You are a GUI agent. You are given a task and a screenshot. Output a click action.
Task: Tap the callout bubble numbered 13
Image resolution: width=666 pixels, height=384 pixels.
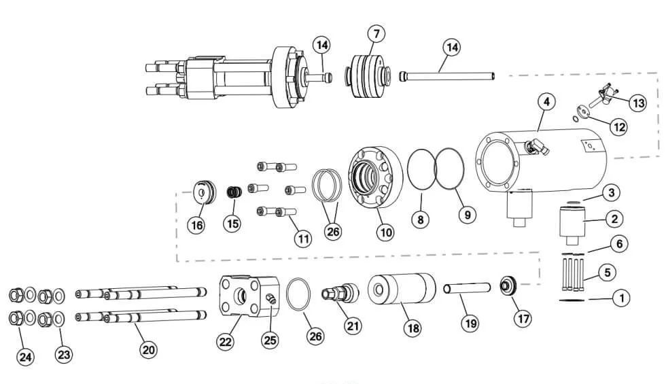[637, 103]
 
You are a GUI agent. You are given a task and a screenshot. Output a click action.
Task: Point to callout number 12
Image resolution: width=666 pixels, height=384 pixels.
[617, 126]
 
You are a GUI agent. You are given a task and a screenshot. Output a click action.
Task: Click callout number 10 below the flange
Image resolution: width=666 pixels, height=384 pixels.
[385, 232]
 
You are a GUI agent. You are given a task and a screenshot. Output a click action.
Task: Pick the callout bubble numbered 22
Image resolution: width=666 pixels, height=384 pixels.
[226, 342]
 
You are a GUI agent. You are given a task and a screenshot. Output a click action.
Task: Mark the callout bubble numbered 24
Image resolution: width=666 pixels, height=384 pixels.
[26, 357]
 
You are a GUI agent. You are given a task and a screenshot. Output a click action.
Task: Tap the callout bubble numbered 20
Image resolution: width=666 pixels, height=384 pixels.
[148, 350]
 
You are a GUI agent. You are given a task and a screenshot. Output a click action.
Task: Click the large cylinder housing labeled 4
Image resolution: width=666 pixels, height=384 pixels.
[544, 160]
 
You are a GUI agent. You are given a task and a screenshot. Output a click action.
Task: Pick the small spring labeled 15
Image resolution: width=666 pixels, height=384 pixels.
[233, 192]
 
